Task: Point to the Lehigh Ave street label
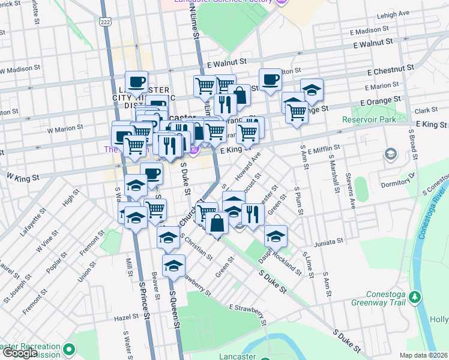pyautogui.click(x=409, y=13)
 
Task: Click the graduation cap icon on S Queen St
pyautogui.click(x=173, y=265)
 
